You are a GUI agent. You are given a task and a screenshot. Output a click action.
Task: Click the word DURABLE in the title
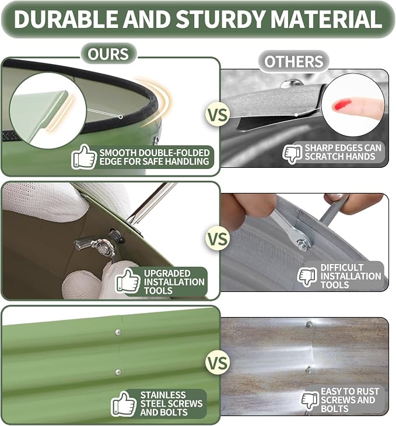(65, 19)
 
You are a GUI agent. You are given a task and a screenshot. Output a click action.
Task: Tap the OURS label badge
(108, 54)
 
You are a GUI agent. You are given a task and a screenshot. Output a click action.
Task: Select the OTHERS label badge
(294, 61)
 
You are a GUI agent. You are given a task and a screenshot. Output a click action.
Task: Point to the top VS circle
(218, 115)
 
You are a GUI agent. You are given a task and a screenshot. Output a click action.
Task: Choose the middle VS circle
(218, 239)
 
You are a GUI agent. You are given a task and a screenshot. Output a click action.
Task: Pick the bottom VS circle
(218, 362)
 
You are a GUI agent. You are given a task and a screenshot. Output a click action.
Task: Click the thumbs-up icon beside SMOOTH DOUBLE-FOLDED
(84, 157)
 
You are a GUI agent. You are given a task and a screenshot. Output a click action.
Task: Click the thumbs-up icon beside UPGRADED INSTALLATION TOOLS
(128, 281)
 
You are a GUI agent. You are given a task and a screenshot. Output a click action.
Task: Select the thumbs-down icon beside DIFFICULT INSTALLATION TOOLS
(307, 277)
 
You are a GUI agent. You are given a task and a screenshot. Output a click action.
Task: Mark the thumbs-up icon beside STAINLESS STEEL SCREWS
(124, 404)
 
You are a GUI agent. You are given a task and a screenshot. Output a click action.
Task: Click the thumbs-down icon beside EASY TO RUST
(310, 401)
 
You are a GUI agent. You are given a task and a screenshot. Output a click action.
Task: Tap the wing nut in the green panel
(97, 244)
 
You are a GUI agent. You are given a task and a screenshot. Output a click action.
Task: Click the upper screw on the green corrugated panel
(118, 332)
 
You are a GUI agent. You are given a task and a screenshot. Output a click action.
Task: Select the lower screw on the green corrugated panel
(118, 372)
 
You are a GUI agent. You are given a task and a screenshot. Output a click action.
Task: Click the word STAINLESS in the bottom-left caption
(163, 395)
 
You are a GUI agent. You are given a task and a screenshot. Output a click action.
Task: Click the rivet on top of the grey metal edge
(291, 83)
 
